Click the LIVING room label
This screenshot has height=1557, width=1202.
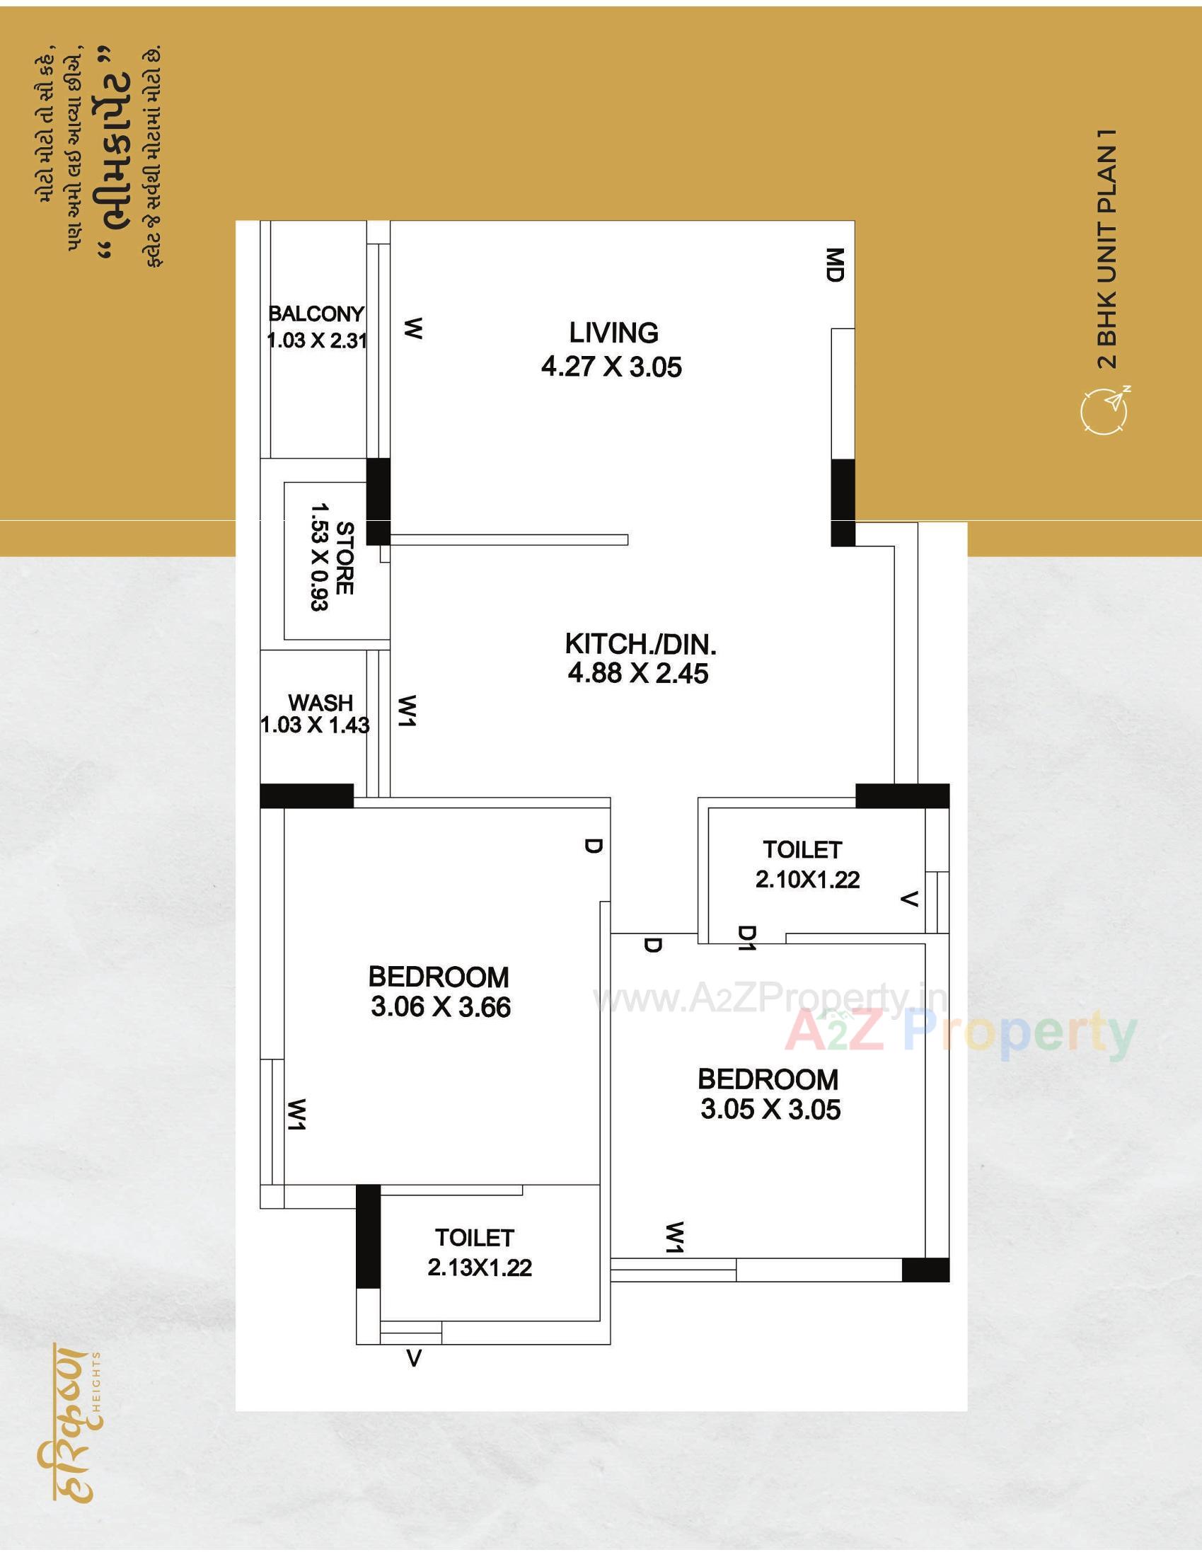point(613,333)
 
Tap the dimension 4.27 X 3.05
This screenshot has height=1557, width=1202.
point(611,367)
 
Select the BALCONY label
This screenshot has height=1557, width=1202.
point(316,314)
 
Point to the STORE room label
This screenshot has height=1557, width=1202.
point(344,558)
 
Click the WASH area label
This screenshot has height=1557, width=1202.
point(320,703)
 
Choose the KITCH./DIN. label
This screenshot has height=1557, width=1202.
point(640,644)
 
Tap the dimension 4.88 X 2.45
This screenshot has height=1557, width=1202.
point(638,673)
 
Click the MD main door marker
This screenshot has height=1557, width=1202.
point(835,265)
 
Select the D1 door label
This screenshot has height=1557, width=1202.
point(746,939)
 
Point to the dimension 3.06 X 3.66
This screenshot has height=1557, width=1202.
point(440,1006)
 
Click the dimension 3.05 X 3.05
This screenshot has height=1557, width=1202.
point(770,1109)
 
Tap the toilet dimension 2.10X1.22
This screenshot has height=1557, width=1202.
point(807,880)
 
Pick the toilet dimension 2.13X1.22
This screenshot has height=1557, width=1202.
point(480,1268)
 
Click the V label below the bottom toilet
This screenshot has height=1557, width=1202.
point(414,1359)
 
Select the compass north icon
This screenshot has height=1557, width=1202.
point(1105,410)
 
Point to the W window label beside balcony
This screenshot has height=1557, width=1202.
point(413,328)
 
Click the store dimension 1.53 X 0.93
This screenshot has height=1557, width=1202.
point(319,558)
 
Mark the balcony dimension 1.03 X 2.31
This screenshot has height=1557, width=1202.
point(316,340)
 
